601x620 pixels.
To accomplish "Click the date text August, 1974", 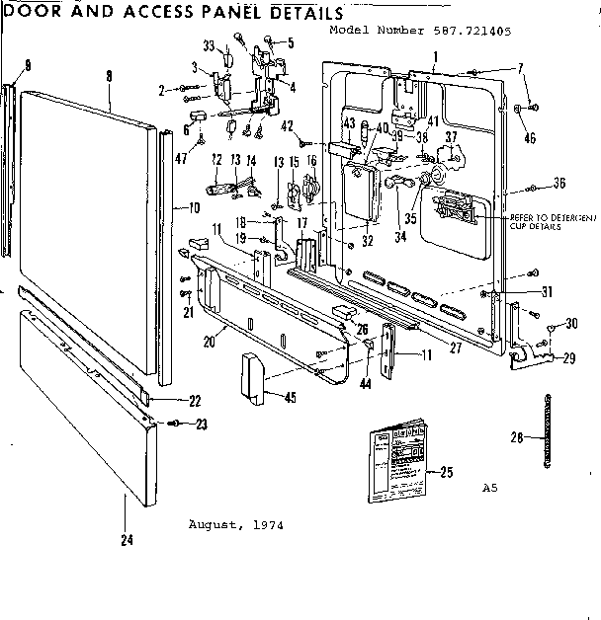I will point(235,524).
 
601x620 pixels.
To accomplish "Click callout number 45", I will point(290,398).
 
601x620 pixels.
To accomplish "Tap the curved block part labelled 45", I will point(253,378).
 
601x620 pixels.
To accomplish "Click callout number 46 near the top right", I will point(531,137).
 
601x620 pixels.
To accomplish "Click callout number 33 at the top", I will point(209,45).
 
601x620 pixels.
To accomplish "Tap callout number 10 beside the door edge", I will point(194,208).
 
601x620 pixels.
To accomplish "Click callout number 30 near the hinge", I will point(572,324).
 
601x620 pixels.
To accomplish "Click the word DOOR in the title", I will point(30,13).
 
